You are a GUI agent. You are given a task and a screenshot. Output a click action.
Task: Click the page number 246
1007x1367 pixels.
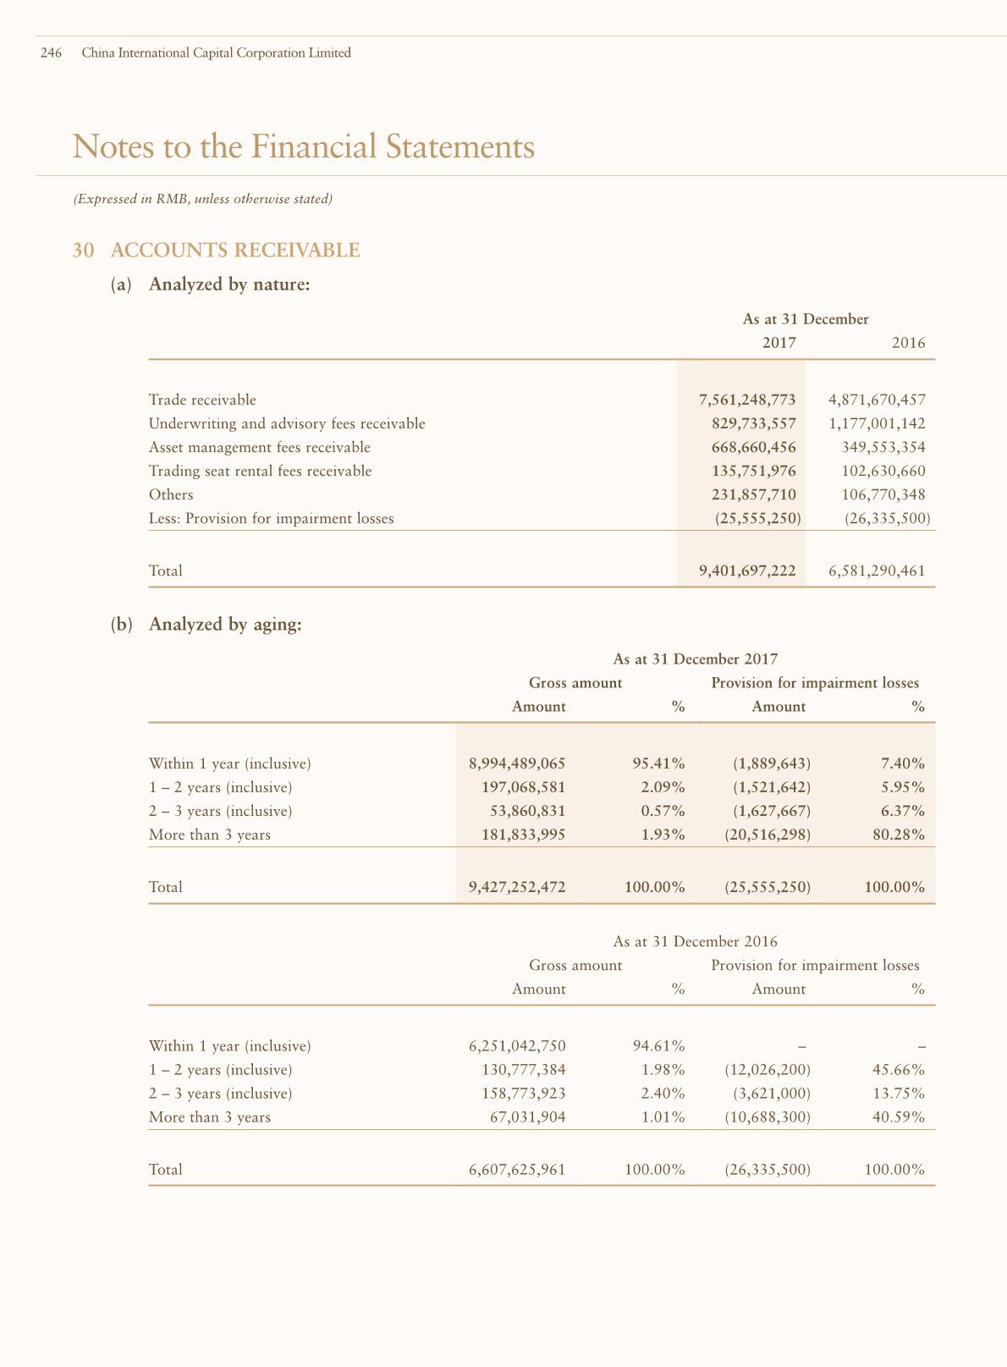51,53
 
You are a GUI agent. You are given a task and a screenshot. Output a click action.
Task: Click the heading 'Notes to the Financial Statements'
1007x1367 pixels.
303,146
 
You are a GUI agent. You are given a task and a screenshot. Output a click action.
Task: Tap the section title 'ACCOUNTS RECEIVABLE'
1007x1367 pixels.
235,251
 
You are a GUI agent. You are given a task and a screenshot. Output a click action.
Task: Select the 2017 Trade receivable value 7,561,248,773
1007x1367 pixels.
747,400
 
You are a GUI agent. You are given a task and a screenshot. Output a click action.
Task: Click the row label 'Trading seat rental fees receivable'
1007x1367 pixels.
260,471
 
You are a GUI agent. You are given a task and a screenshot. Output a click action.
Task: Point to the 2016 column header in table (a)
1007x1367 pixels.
908,343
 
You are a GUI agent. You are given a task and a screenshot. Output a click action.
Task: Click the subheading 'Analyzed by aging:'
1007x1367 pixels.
225,625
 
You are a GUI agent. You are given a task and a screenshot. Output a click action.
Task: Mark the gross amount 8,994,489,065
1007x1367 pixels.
517,763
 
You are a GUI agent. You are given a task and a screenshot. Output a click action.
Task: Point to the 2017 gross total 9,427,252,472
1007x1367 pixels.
517,887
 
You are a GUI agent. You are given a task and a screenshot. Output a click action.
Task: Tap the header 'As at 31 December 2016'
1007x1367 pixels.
695,941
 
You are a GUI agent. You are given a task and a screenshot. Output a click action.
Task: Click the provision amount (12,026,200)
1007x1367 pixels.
768,1069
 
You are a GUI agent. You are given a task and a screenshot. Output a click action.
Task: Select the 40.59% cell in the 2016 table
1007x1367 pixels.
898,1116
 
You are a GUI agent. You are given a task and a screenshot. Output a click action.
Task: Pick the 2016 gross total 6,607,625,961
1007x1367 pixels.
517,1170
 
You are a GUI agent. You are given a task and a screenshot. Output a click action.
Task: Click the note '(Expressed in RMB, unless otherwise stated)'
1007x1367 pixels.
202,200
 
